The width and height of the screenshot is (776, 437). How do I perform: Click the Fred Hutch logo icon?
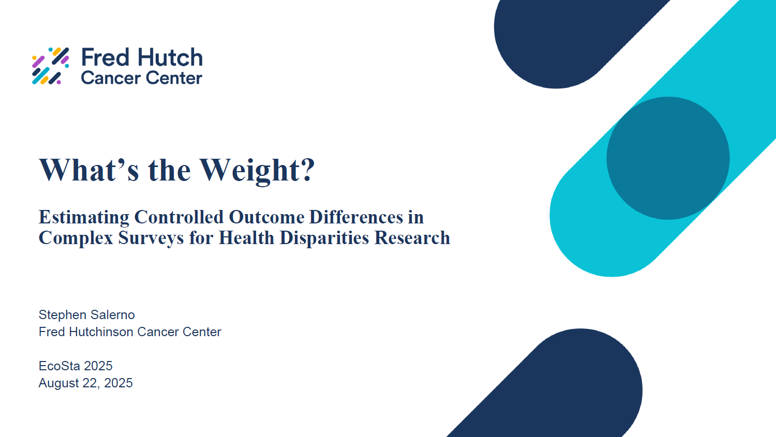(x=51, y=66)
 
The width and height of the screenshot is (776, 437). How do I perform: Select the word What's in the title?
(x=89, y=170)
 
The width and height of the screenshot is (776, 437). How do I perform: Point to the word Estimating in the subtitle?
(x=84, y=218)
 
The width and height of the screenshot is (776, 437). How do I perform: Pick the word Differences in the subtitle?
(x=356, y=217)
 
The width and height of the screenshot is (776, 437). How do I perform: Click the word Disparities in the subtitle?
(x=324, y=238)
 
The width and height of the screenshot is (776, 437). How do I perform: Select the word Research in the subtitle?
(x=412, y=238)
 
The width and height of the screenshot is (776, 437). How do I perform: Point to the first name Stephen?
(x=61, y=315)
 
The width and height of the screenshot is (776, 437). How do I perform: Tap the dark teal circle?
(x=668, y=158)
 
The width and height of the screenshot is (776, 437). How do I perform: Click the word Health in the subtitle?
(x=246, y=238)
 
